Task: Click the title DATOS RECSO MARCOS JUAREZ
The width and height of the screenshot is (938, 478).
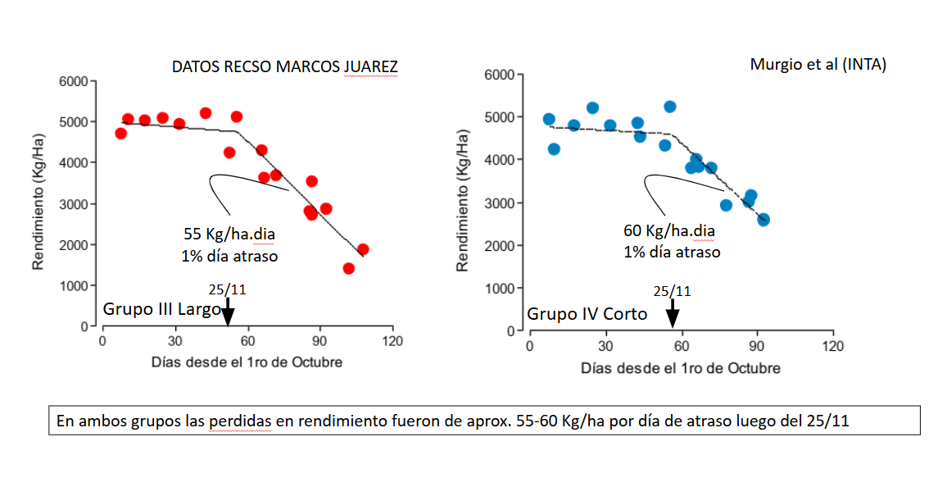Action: coord(284,67)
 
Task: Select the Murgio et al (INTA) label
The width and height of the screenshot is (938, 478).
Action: coord(818,64)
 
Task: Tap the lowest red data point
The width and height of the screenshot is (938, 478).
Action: coord(348,268)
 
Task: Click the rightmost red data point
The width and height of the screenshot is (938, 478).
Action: coord(363,249)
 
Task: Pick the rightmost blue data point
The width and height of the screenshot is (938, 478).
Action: coord(763,220)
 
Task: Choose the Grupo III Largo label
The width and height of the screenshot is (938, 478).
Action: coord(161,309)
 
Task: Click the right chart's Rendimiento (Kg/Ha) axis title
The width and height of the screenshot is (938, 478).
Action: coord(463,201)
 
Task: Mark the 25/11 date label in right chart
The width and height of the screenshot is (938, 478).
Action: coord(672,291)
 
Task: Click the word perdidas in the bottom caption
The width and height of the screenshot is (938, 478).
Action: coord(219,422)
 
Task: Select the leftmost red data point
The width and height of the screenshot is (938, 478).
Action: coord(120,134)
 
